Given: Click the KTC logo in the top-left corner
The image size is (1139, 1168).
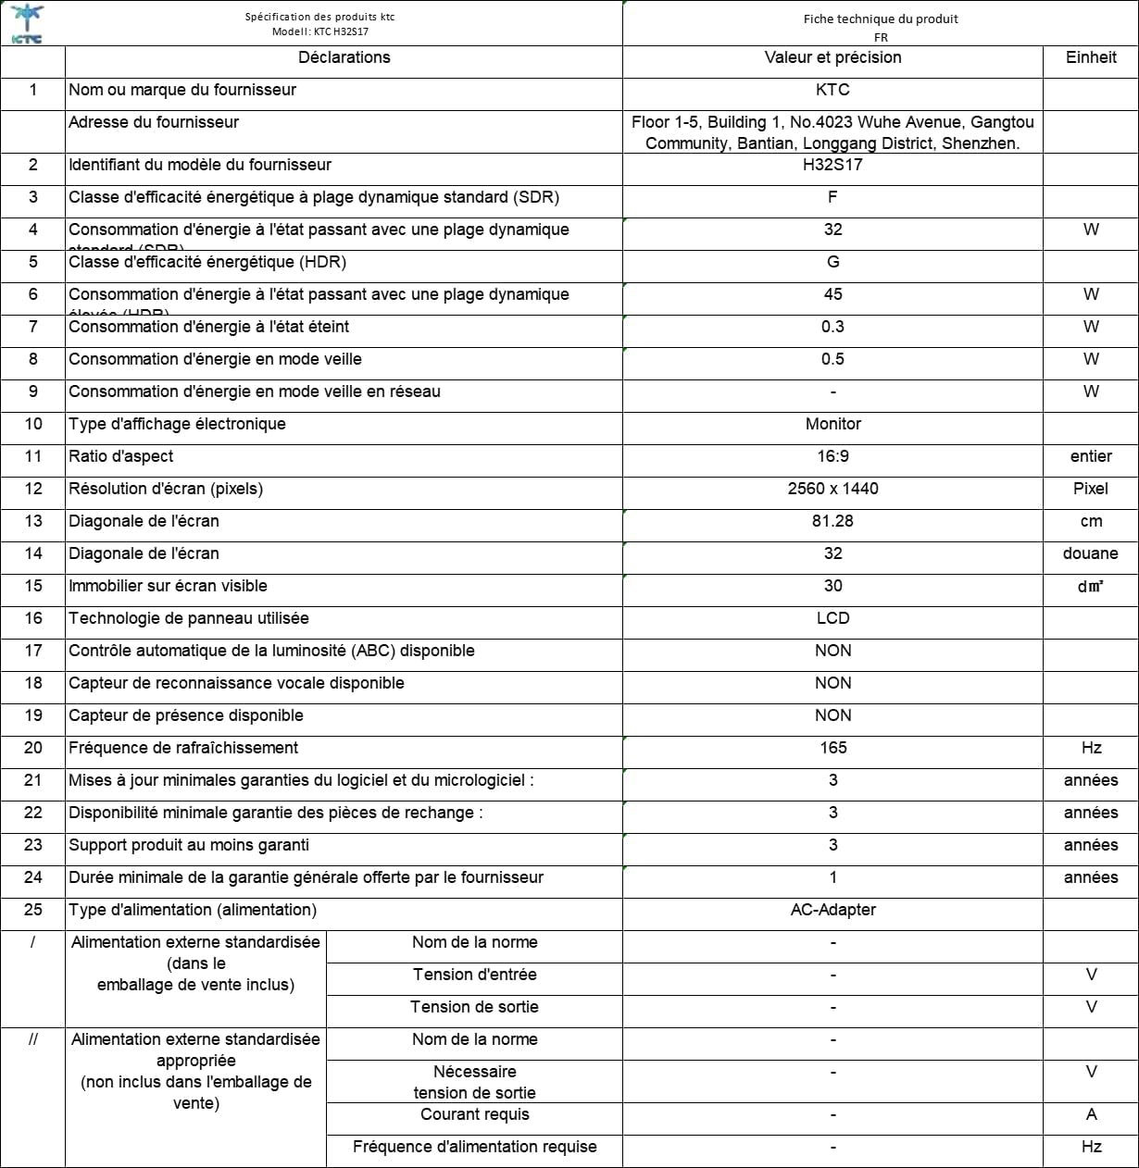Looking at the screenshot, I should coord(26,23).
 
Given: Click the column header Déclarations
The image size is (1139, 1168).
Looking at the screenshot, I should coord(344,57).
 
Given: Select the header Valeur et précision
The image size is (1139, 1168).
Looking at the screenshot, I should coord(832,57).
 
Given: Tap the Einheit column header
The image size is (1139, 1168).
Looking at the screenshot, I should coord(1091,57).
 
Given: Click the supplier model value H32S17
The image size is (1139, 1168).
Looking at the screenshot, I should coord(832,165).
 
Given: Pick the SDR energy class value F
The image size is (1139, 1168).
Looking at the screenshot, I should coord(832,197).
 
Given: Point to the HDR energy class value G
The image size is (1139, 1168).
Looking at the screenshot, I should coord(832,262).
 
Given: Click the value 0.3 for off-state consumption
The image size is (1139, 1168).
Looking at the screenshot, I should coord(832,327).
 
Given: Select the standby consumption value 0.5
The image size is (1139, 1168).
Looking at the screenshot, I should coord(832,359).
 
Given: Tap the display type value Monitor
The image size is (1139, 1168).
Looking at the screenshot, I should coord(832,424).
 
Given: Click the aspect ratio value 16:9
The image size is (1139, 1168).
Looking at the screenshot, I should coord(832,456).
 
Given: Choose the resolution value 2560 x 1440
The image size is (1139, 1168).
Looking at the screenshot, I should coord(832,489).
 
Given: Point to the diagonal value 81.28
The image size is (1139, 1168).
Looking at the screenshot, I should coord(832,521).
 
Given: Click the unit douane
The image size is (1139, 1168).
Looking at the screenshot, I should coord(1091,553).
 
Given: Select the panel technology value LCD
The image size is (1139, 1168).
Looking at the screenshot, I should coord(832,618).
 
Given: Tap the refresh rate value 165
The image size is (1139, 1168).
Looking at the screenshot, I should coord(832,748).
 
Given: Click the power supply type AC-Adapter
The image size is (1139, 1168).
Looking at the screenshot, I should coord(832,910).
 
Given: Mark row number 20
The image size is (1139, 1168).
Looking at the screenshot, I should coord(33,748).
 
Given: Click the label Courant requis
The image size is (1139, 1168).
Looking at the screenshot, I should coord(474,1114).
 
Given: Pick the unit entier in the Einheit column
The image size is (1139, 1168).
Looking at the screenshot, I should coord(1091,456).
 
